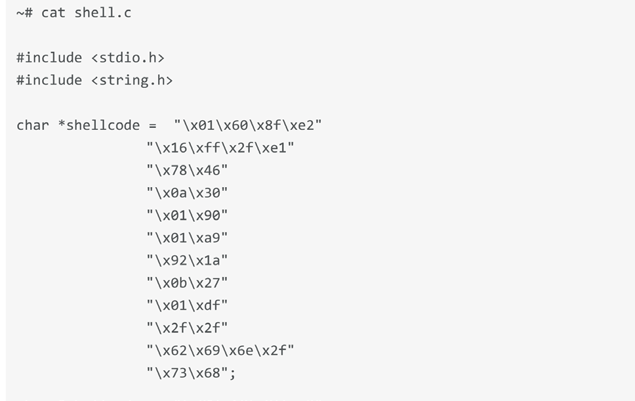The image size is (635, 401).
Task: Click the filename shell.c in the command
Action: click(103, 12)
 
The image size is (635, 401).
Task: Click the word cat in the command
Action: click(53, 13)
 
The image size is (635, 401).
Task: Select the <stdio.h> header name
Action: click(128, 58)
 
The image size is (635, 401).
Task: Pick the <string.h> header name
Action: click(132, 80)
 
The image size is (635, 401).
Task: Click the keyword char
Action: click(32, 125)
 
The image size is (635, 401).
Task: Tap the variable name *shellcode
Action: click(99, 125)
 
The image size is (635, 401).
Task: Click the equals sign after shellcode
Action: click(152, 125)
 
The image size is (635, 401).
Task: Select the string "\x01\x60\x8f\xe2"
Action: click(248, 125)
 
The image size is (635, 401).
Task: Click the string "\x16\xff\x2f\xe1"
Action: click(220, 148)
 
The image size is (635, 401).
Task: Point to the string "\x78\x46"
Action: click(187, 170)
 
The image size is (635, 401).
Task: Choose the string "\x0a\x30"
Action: click(187, 193)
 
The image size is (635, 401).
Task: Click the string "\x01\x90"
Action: click(187, 215)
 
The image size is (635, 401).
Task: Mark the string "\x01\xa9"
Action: click(187, 238)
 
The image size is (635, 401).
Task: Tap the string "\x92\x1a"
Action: click(187, 260)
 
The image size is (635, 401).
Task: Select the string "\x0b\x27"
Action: click(187, 283)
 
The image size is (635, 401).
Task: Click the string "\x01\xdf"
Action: click(187, 305)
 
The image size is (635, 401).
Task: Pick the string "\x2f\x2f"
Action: click(187, 327)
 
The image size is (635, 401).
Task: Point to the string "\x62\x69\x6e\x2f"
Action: click(220, 350)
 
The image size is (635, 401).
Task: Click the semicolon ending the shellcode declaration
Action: click(232, 374)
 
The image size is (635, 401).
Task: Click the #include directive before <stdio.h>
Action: click(49, 58)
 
